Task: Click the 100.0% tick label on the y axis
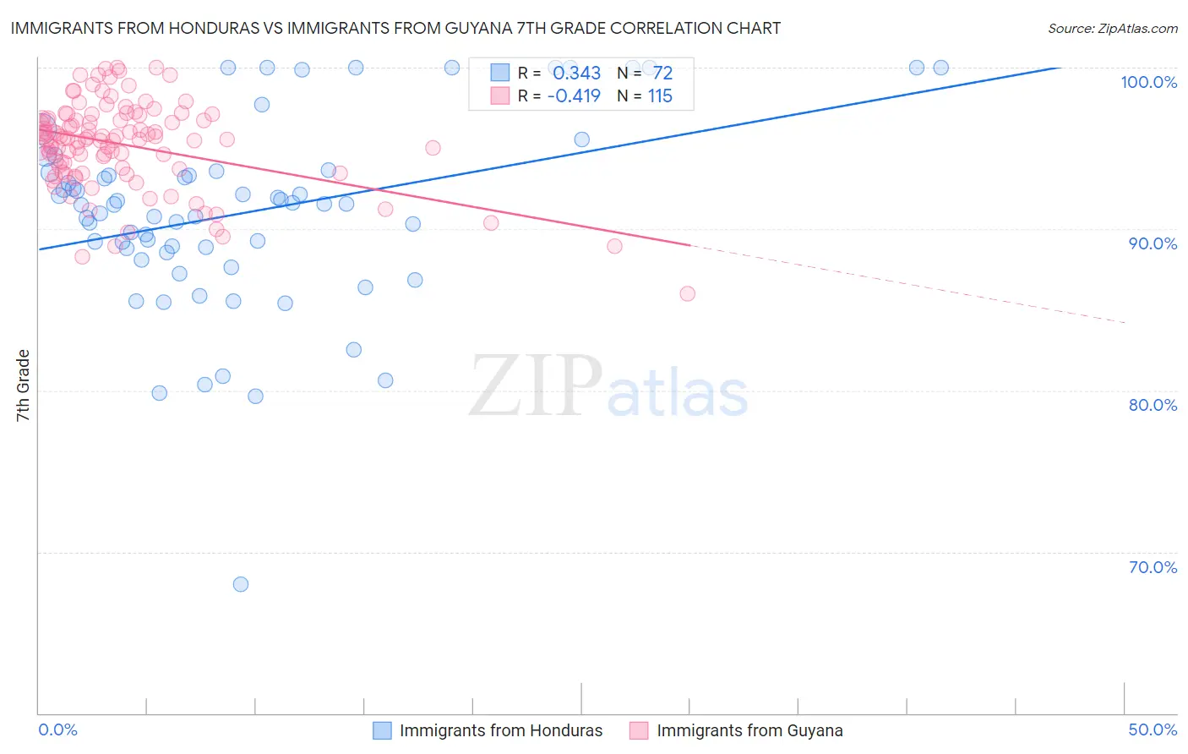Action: (x=1148, y=82)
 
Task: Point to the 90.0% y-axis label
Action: (x=1153, y=243)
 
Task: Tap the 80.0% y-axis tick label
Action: (x=1153, y=405)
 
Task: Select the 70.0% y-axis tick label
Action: (x=1153, y=567)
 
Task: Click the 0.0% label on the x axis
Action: (x=57, y=729)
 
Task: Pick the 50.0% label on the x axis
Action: (x=1153, y=729)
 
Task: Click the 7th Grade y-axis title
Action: (x=23, y=385)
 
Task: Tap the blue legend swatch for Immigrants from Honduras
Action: (x=383, y=730)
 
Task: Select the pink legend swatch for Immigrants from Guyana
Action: (x=639, y=730)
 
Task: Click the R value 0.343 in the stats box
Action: (x=576, y=74)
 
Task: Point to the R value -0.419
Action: (x=574, y=96)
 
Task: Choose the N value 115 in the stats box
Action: (x=660, y=96)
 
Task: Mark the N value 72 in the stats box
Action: (x=662, y=74)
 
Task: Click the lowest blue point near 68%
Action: (x=241, y=584)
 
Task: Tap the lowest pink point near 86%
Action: (x=688, y=293)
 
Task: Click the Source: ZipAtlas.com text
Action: (x=1112, y=29)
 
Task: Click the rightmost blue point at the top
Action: (x=940, y=68)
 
